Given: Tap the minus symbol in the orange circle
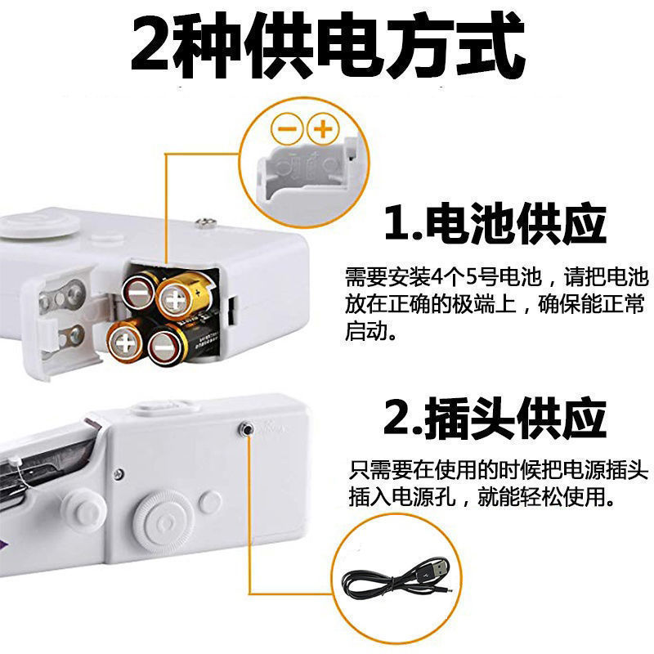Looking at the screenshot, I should (287, 128).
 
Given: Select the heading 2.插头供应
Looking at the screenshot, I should (495, 419).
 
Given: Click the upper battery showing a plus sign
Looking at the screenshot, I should (174, 299).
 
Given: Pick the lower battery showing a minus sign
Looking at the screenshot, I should (167, 344).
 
